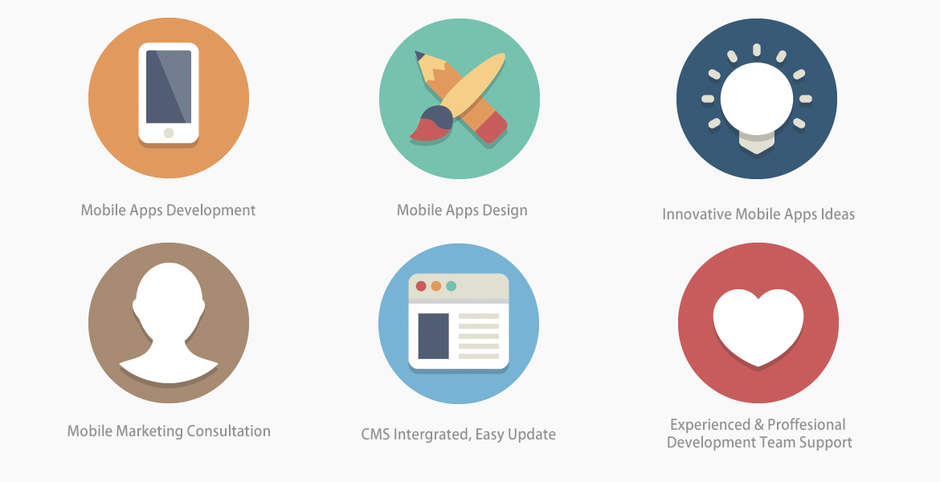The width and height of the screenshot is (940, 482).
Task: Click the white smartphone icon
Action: [169, 93]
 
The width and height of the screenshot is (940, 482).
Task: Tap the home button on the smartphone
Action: [169, 133]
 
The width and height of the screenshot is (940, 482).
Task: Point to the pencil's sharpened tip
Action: [419, 55]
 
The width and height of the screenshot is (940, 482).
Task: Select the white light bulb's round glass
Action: [757, 99]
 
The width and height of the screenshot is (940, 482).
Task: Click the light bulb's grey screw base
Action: [757, 143]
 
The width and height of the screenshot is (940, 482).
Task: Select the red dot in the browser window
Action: [421, 286]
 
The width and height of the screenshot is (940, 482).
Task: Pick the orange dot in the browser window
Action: [435, 286]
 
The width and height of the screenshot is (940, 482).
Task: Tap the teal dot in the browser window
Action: [451, 286]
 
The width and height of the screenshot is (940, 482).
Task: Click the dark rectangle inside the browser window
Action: [433, 336]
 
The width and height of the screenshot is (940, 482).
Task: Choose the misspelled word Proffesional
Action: [807, 424]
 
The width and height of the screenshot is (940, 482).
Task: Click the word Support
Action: [829, 443]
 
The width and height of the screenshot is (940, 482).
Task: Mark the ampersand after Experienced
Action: [759, 424]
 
